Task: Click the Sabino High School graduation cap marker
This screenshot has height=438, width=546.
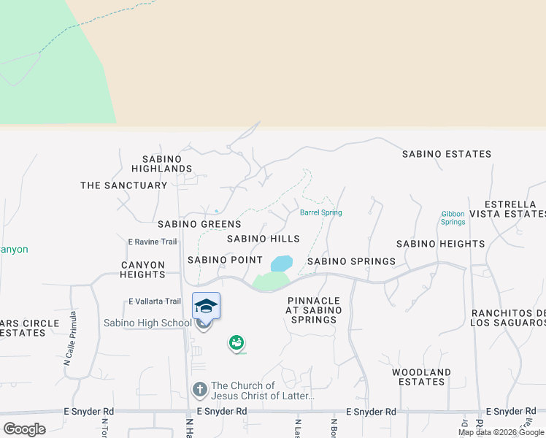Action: coord(206,306)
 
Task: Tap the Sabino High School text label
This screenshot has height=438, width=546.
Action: coord(147,323)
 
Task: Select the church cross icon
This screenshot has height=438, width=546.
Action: coord(199,391)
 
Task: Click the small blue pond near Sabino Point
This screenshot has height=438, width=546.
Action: coord(281,263)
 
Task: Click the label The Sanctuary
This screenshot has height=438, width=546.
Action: coord(123,185)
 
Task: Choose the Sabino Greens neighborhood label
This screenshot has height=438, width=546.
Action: coord(199,224)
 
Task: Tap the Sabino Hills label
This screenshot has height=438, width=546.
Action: coord(263,239)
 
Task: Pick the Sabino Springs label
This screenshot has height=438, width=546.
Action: coord(351,261)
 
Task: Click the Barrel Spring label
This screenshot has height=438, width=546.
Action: coord(320,212)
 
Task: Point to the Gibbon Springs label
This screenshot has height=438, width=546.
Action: coord(453,218)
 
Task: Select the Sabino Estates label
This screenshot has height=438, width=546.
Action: coord(446,154)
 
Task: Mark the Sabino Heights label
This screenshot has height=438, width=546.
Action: coord(440,243)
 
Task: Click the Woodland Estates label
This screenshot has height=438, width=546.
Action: coord(421,377)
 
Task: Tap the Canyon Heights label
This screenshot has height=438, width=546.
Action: coord(143,269)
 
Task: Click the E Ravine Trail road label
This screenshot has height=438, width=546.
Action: coord(153,242)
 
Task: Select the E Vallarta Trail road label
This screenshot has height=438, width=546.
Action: coord(154,301)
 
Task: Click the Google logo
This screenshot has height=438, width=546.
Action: coord(24,429)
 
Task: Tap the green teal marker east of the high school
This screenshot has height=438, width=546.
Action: coord(236,342)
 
